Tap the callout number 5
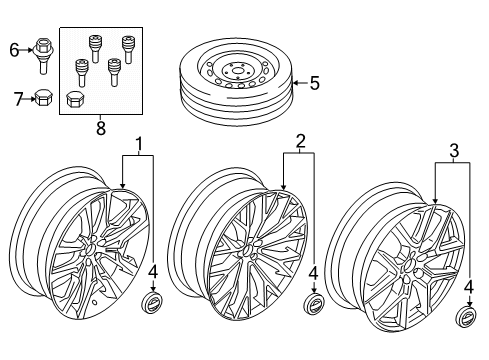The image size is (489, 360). (314, 85)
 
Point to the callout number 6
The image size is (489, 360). (14, 49)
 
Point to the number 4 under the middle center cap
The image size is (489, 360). (314, 271)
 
